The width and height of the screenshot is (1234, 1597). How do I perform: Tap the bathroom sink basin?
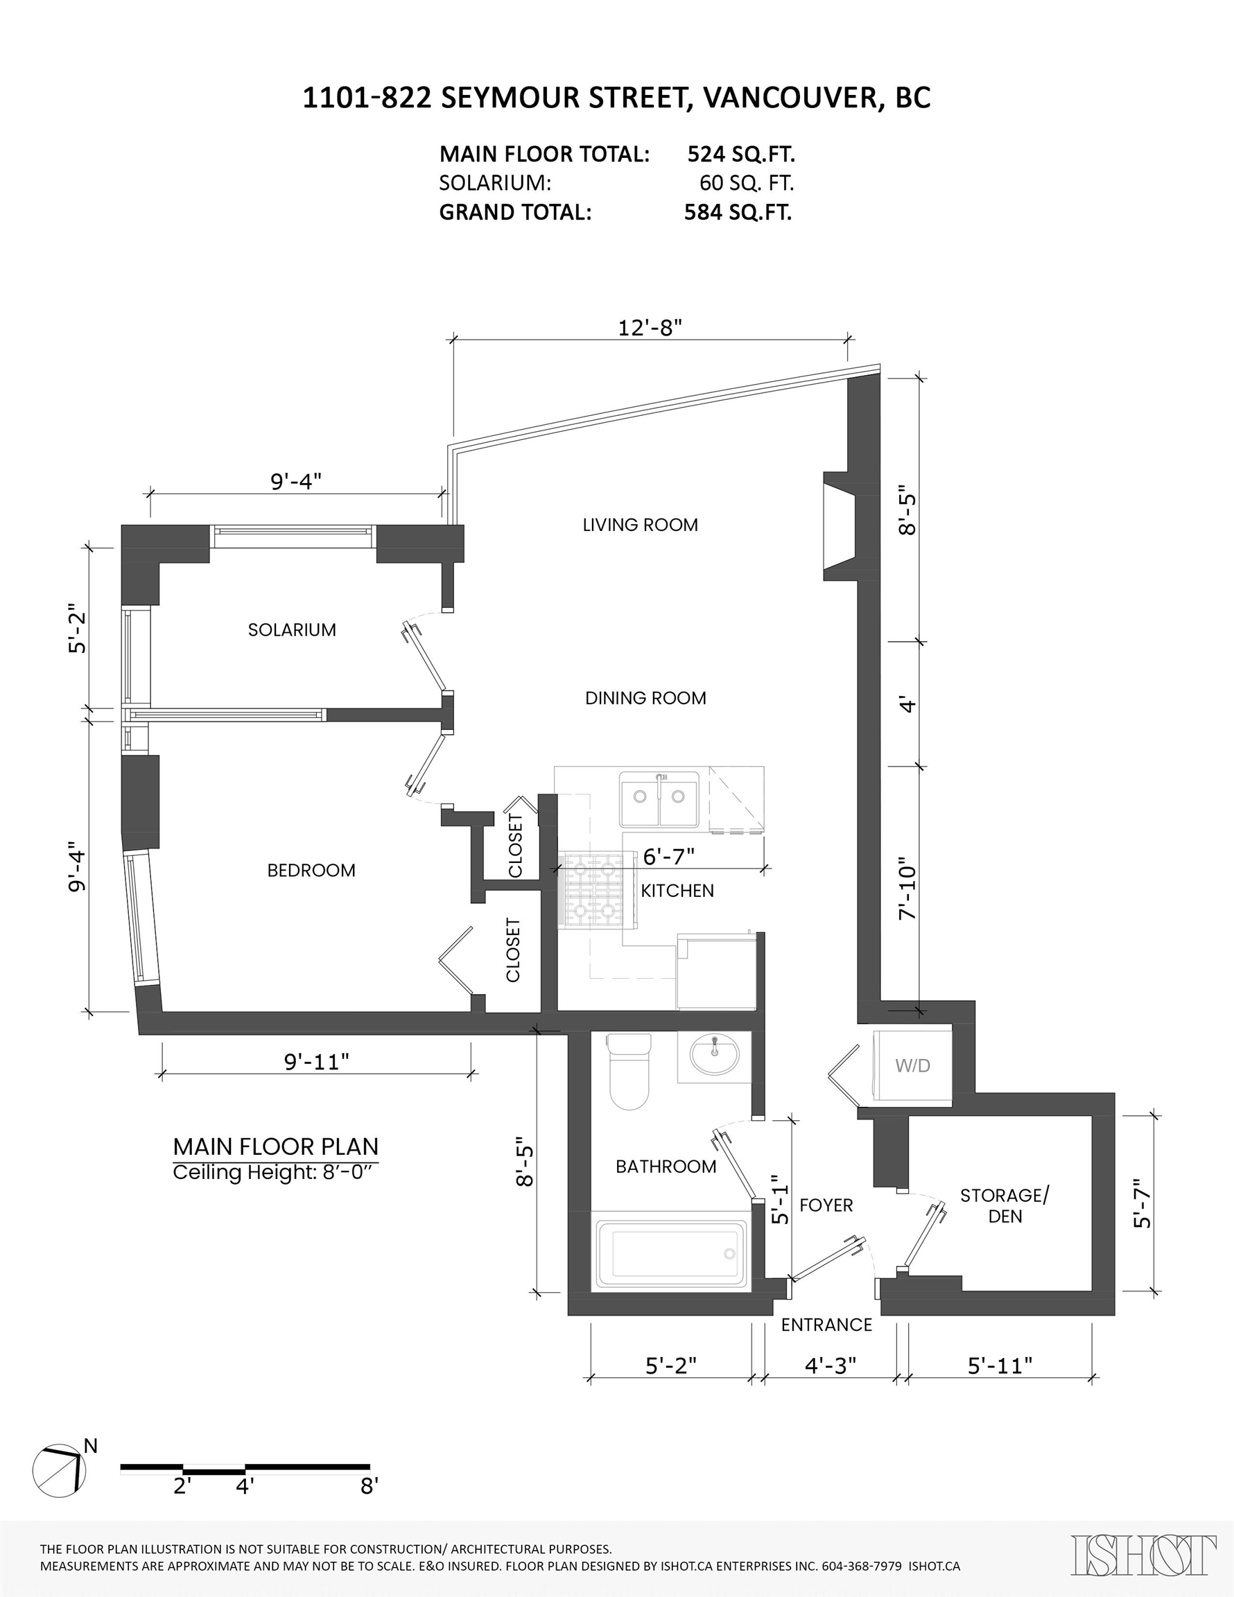[714, 1056]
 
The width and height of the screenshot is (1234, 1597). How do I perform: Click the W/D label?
[912, 1065]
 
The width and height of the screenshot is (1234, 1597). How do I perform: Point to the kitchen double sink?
[659, 798]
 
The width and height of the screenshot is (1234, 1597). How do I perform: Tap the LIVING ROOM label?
[640, 525]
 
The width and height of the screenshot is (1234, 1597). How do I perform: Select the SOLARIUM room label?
[292, 630]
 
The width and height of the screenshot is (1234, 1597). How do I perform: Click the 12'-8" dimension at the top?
[650, 328]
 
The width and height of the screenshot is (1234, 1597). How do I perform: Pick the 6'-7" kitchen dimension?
[668, 856]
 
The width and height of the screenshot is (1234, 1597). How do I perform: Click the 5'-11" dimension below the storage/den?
[999, 1366]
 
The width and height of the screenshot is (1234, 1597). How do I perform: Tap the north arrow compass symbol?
[60, 1469]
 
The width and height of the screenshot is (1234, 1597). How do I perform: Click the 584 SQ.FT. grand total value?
[738, 213]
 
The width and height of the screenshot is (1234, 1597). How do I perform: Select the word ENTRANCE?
[826, 1325]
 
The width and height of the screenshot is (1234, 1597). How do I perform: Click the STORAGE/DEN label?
[1005, 1206]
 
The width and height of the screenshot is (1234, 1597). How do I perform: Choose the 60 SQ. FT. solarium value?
[746, 183]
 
